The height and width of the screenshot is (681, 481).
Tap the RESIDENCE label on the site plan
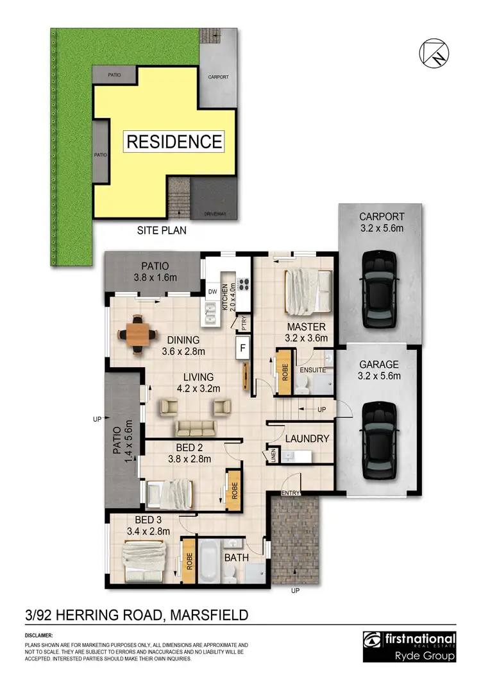coord(174,141)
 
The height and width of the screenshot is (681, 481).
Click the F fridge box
coord(243,349)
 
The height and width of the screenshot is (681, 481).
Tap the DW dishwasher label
coord(212,292)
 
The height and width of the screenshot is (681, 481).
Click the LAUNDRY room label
coord(307,439)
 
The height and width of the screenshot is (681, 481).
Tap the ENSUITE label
coord(313,370)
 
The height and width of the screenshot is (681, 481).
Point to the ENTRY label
coord(291,492)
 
